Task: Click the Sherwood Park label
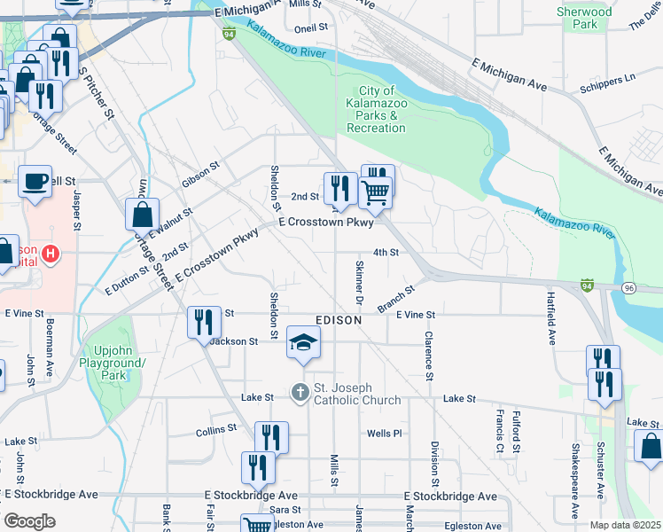[x=584, y=18]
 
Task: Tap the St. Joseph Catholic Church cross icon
[x=300, y=391]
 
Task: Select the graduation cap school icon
[x=303, y=343]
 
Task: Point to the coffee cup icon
[x=35, y=181]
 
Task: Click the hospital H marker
[x=51, y=254]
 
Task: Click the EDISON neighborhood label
[x=339, y=319]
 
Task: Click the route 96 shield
[x=628, y=288]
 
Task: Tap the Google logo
[x=29, y=521]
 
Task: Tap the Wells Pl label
[x=385, y=434]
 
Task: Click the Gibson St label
[x=200, y=171]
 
